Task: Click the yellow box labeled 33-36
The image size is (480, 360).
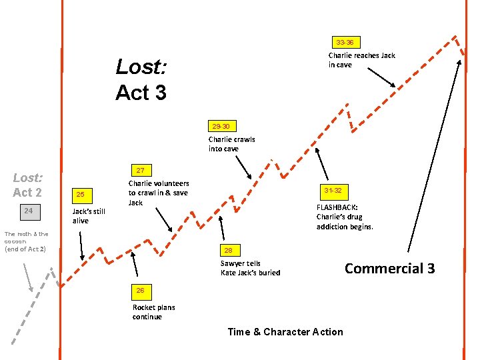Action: [x=345, y=42]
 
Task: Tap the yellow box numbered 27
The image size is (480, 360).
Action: [x=141, y=170]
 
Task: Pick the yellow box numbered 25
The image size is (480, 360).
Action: [x=81, y=195]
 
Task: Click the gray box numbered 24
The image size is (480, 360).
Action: [x=28, y=211]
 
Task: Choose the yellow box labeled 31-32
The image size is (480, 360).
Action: [x=333, y=191]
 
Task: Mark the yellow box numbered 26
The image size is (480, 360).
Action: [x=141, y=291]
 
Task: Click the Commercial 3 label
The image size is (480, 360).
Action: [x=389, y=268]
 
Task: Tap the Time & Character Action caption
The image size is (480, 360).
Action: [x=285, y=332]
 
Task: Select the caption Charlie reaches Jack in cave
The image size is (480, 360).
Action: [x=361, y=60]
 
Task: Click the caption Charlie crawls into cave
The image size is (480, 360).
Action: [x=231, y=144]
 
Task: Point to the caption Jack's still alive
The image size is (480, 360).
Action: [x=89, y=216]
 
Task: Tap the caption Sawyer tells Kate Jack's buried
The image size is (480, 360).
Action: [x=250, y=268]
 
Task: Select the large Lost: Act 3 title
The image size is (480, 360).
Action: [x=141, y=79]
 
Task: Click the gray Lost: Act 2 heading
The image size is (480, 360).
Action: [x=27, y=185]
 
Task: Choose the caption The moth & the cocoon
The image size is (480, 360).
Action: [x=26, y=241]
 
